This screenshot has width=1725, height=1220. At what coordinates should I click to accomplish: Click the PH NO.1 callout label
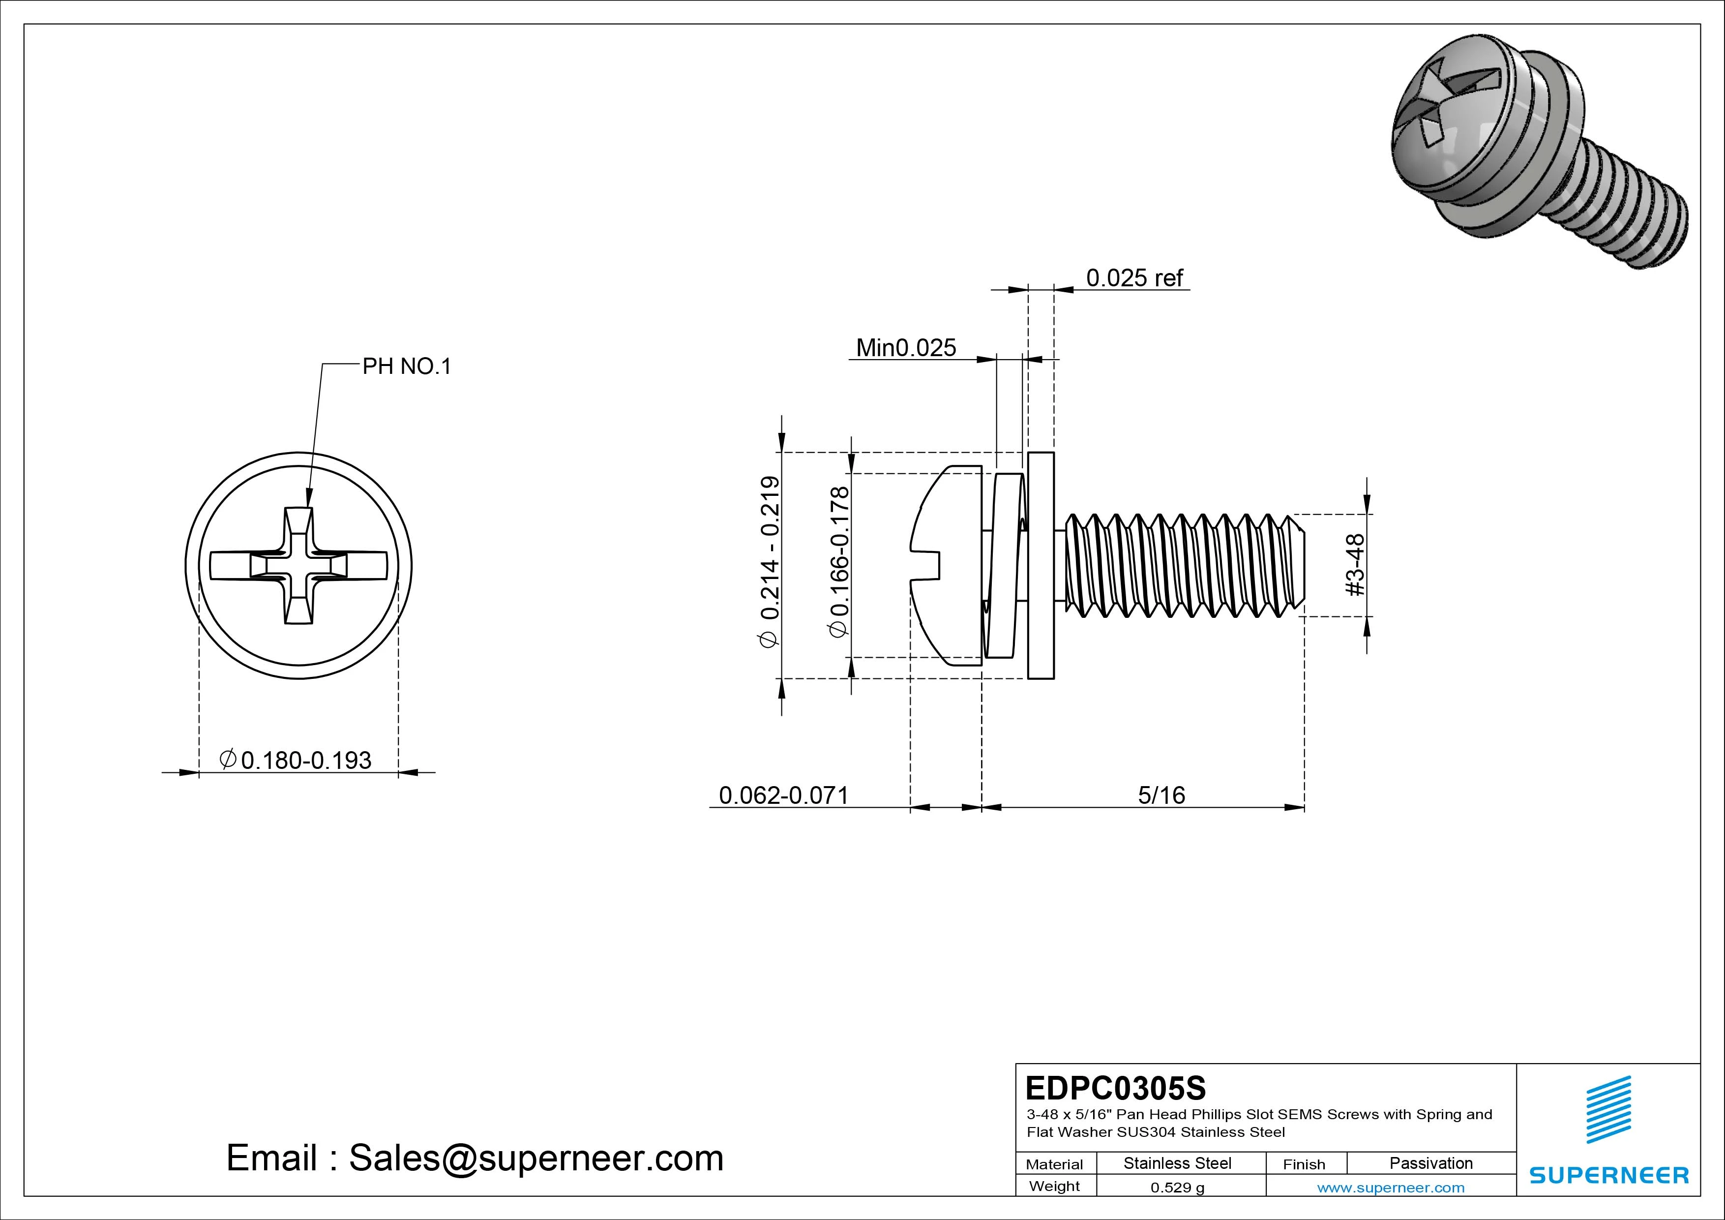click(x=407, y=367)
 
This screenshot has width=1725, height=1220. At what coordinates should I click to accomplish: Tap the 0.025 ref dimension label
click(x=1134, y=278)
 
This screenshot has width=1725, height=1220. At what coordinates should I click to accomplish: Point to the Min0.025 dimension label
click(x=906, y=348)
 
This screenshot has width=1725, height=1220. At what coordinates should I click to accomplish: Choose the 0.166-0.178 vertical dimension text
click(x=839, y=562)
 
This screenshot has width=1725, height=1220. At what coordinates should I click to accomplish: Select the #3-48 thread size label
click(x=1355, y=565)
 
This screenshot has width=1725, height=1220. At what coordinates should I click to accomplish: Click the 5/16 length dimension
click(x=1161, y=795)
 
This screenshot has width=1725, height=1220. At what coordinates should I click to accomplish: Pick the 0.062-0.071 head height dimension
click(x=784, y=795)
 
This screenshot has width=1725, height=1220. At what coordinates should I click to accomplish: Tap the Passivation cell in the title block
click(x=1430, y=1163)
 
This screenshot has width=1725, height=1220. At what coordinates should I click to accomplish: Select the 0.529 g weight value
click(x=1177, y=1188)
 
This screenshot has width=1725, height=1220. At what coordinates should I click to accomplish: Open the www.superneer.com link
click(x=1391, y=1188)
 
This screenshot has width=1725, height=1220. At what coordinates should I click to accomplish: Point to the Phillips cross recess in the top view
click(x=298, y=565)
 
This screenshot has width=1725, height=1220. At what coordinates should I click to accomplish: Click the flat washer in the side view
click(x=1041, y=565)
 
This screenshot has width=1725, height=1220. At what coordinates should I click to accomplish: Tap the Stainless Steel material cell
click(x=1177, y=1163)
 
